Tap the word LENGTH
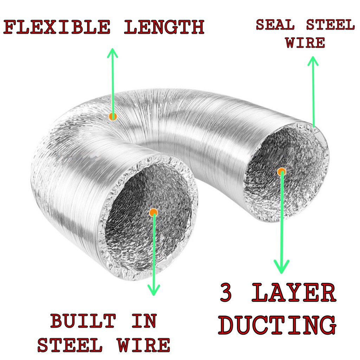pyautogui.click(x=164, y=27)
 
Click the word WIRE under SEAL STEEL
pyautogui.click(x=305, y=43)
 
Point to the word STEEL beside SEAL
pyautogui.click(x=330, y=25)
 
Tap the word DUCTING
pyautogui.click(x=277, y=326)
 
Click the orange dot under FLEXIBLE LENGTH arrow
pyautogui.click(x=112, y=116)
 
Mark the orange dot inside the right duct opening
pyautogui.click(x=281, y=172)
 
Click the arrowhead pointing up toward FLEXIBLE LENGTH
pyautogui.click(x=112, y=53)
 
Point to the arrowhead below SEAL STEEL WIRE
pyautogui.click(x=313, y=60)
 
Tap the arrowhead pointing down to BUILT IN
pyautogui.click(x=154, y=290)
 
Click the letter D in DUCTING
pyautogui.click(x=228, y=326)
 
